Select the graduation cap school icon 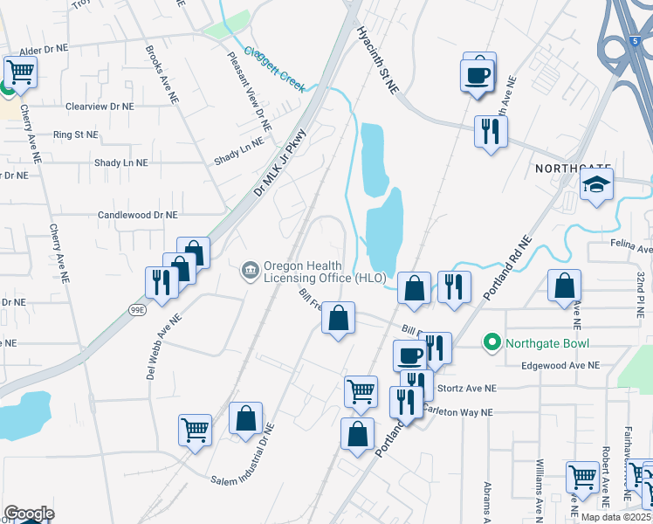point(597,185)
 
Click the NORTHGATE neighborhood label point(573,168)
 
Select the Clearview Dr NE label point(100,106)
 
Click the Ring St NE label point(75,135)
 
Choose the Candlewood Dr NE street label point(137,214)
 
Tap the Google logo point(29,514)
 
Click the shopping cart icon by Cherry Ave point(20,71)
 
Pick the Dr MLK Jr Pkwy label point(280,162)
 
